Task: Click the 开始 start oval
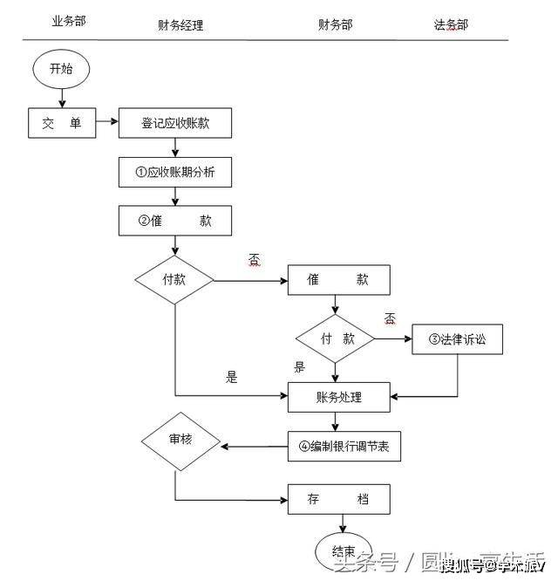pos(61,67)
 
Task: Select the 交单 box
pos(61,124)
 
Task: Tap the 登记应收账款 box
pos(175,124)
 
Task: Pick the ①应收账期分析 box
pos(175,173)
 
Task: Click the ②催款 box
pos(175,221)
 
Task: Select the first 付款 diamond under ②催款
pos(175,280)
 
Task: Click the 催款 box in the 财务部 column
pos(338,280)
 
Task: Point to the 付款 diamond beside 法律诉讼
pos(337,338)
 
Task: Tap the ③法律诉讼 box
pos(457,339)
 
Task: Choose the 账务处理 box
pos(338,398)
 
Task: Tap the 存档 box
pos(338,500)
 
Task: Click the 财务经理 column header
pos(180,25)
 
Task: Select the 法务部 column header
pos(451,25)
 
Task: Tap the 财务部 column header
pos(335,24)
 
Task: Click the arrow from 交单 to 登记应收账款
pos(105,124)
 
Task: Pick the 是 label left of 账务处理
pos(231,378)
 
